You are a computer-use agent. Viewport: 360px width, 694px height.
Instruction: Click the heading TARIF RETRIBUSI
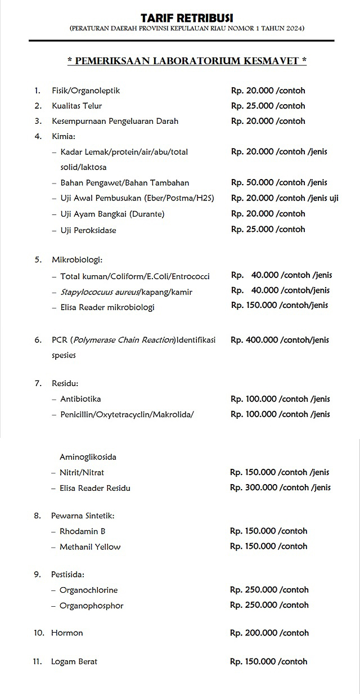click(x=187, y=19)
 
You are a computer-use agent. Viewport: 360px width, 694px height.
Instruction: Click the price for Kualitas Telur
click(x=268, y=106)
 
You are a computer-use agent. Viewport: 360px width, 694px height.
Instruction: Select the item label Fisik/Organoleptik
click(x=85, y=91)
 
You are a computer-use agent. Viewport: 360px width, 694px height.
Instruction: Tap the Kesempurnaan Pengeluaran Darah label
click(x=115, y=121)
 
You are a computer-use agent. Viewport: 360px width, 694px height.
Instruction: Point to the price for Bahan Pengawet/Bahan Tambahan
click(x=278, y=182)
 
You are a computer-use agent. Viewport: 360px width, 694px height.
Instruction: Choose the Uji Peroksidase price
click(x=268, y=229)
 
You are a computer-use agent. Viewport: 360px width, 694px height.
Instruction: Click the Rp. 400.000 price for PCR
click(x=280, y=340)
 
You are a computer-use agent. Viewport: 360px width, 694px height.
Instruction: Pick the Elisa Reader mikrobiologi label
click(x=107, y=307)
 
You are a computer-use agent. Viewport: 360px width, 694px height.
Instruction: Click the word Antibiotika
click(x=80, y=399)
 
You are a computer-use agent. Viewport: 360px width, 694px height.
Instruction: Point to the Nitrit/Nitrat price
click(x=280, y=472)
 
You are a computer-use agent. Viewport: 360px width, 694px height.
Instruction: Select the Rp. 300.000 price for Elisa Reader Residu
click(x=280, y=487)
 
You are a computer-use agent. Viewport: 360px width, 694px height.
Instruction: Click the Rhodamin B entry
click(x=82, y=531)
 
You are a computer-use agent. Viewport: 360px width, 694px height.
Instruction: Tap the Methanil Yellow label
click(x=90, y=547)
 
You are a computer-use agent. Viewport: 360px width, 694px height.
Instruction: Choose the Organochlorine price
click(x=269, y=590)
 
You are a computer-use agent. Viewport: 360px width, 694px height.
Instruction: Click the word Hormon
click(x=67, y=633)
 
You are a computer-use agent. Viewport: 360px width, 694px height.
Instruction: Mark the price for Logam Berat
click(x=269, y=661)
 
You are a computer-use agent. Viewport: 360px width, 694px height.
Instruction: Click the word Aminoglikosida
click(x=88, y=457)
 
